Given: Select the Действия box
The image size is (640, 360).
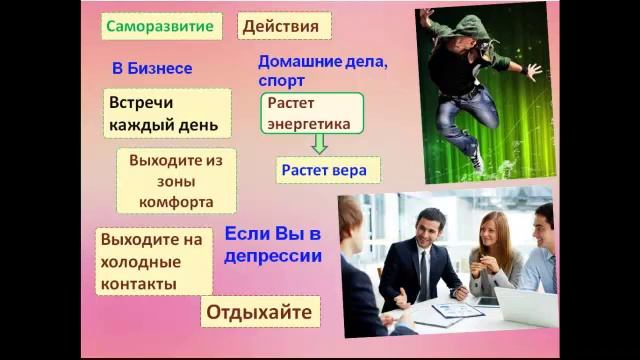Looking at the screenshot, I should pyautogui.click(x=283, y=26).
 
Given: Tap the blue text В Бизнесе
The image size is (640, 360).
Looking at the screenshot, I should pyautogui.click(x=152, y=69).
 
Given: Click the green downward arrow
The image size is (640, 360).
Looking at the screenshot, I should pyautogui.click(x=318, y=145).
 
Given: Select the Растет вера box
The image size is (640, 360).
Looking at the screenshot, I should pyautogui.click(x=323, y=170).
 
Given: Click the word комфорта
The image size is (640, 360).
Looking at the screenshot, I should pyautogui.click(x=176, y=201).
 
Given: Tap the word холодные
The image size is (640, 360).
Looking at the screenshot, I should pyautogui.click(x=140, y=262).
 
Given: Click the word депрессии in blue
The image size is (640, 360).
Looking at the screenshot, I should pyautogui.click(x=273, y=255).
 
